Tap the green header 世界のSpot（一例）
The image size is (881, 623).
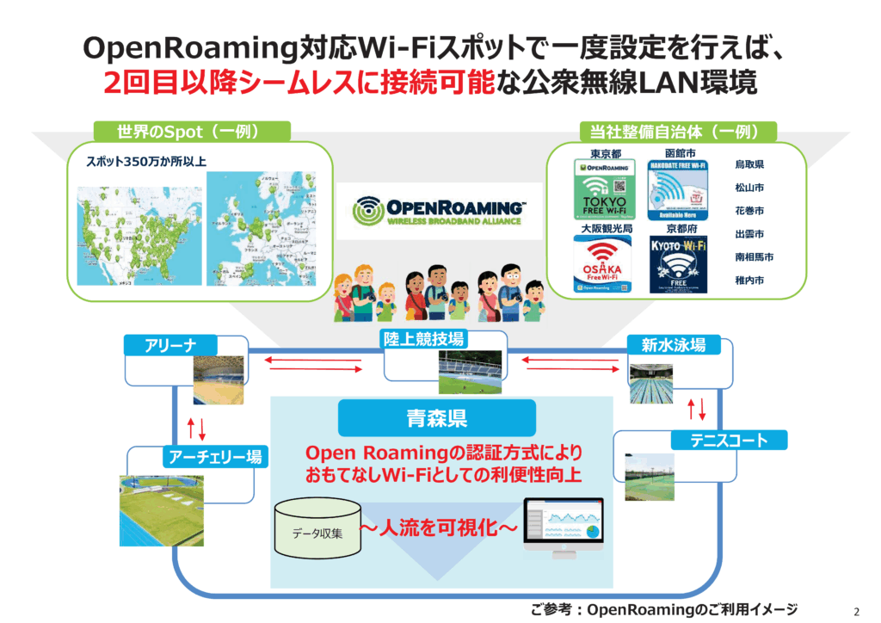pyautogui.click(x=191, y=132)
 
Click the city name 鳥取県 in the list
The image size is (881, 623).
pyautogui.click(x=749, y=164)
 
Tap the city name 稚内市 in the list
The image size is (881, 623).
pyautogui.click(x=749, y=281)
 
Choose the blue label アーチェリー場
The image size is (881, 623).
pyautogui.click(x=213, y=456)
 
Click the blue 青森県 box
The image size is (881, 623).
pyautogui.click(x=436, y=419)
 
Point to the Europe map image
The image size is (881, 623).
pyautogui.click(x=261, y=227)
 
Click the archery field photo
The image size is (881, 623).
pyautogui.click(x=161, y=509)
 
